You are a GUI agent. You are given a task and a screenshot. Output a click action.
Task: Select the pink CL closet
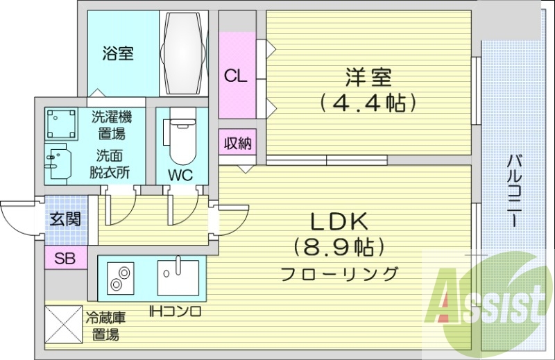[x=236, y=76]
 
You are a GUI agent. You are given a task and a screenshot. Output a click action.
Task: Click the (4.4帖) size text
[x=367, y=103]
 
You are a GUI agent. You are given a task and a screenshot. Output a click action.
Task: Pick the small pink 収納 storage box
[x=237, y=144]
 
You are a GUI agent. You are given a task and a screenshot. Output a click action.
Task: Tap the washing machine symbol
[x=62, y=124]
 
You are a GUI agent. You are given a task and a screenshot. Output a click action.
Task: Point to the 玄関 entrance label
[x=65, y=220]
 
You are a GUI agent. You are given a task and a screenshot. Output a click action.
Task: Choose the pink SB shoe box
[x=65, y=259]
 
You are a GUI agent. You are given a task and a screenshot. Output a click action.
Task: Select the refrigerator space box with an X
[x=63, y=325]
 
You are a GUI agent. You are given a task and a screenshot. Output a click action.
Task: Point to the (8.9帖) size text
[x=339, y=247]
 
